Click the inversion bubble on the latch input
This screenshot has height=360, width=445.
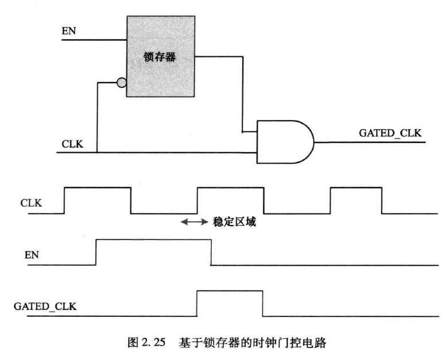tap(121, 83)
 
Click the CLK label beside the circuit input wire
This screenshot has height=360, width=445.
tap(72, 144)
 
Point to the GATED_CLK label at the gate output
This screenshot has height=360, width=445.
tap(390, 133)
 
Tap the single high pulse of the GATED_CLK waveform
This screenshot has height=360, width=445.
tap(230, 303)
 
